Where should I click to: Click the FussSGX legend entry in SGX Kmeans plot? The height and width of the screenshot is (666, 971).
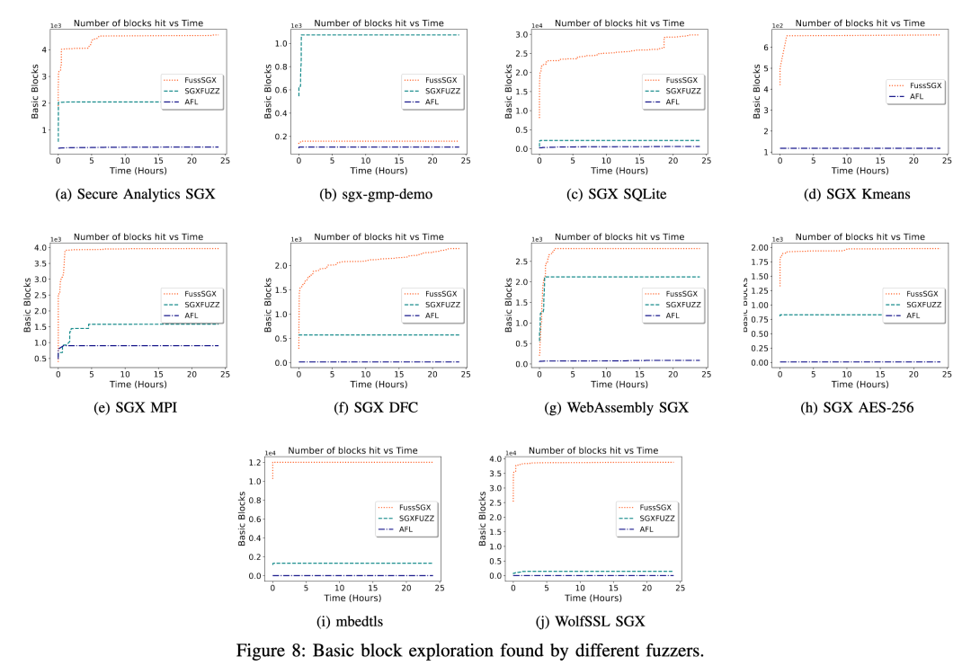pos(916,84)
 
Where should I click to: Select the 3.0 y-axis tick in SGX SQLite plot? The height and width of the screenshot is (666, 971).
pos(524,35)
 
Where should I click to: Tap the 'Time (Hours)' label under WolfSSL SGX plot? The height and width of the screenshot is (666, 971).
pos(592,597)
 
